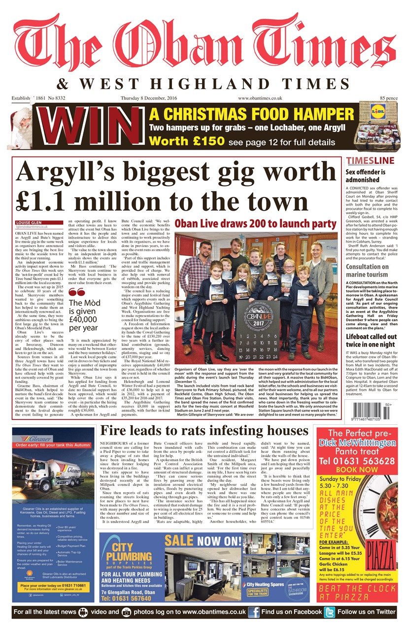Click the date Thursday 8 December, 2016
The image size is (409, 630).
click(148, 98)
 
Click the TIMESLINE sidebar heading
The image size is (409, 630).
click(370, 161)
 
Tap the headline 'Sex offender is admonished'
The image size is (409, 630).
click(366, 176)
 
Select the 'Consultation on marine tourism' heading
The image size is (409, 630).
click(367, 270)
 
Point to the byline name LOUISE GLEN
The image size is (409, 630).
click(31, 222)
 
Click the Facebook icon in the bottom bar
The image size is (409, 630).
click(254, 612)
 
